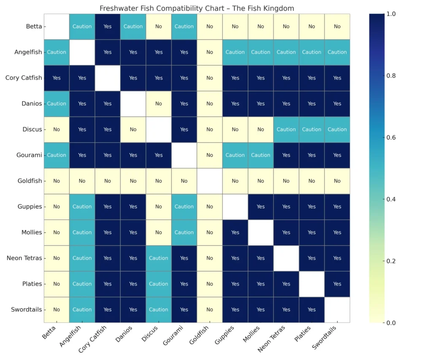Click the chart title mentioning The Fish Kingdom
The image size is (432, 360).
[197, 8]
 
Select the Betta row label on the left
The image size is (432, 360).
[34, 27]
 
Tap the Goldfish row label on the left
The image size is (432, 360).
[30, 181]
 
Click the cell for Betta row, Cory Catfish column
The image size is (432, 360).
[108, 27]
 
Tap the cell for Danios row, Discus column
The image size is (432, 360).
[159, 104]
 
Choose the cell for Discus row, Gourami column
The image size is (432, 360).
[184, 130]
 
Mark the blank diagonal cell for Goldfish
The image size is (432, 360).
[210, 181]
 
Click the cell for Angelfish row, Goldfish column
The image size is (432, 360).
[210, 52]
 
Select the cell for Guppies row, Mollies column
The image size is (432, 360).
[261, 207]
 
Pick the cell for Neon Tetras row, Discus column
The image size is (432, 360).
[159, 258]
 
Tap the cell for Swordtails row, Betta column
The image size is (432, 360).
[57, 310]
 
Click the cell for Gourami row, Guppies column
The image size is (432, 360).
[235, 155]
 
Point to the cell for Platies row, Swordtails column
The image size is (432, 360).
[337, 284]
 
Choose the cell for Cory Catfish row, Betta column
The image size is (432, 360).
[57, 78]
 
